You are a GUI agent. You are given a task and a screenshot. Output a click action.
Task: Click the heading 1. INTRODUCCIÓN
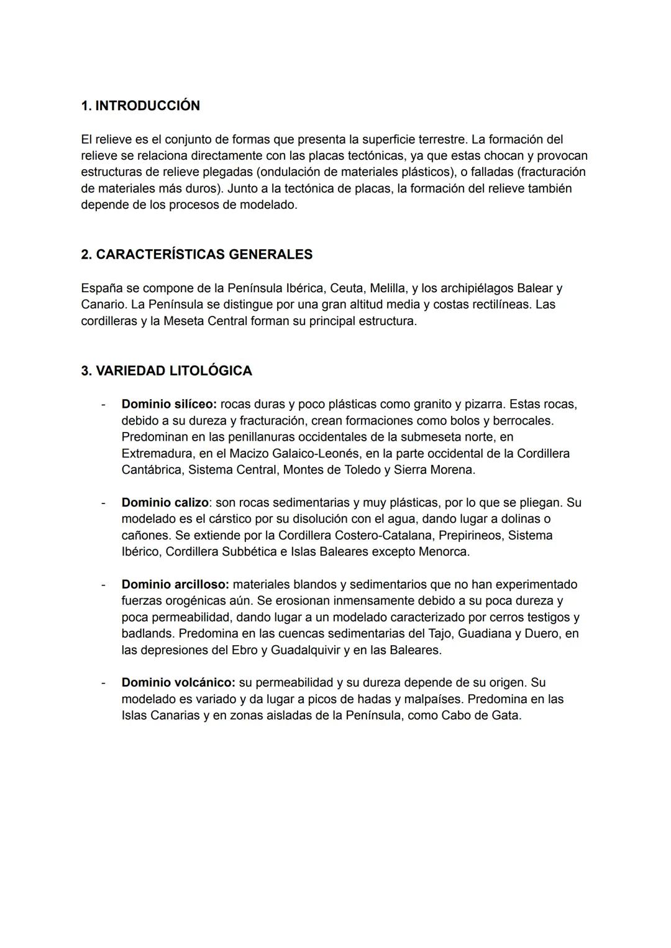[x=140, y=106]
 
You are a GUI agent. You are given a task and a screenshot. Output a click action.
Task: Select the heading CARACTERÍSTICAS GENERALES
[x=196, y=254]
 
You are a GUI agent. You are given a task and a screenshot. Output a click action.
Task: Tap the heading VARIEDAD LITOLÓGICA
[x=167, y=371]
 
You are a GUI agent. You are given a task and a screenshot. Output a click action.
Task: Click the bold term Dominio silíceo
[x=168, y=404]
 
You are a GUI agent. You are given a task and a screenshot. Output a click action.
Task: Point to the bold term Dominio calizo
[x=165, y=502]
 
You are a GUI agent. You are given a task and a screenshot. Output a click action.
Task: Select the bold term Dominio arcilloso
[x=175, y=584]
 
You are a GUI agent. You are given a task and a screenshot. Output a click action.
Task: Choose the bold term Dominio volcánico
[x=178, y=683]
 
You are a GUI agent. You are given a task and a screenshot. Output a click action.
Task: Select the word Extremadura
[x=157, y=453]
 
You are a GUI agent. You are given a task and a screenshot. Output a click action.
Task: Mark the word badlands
[x=146, y=633]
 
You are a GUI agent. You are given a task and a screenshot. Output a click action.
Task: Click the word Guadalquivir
[x=305, y=650]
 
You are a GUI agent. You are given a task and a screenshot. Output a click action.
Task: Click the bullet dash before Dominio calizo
[x=104, y=502]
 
